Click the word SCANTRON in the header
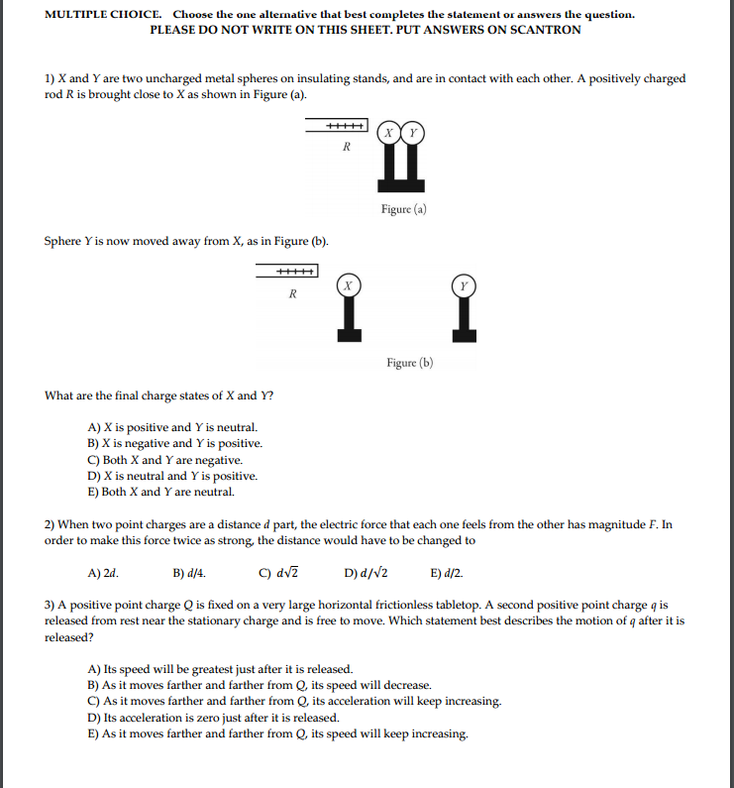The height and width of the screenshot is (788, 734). click(x=548, y=30)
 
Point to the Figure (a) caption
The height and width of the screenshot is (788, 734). click(x=403, y=209)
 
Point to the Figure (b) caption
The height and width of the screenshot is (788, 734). click(x=409, y=363)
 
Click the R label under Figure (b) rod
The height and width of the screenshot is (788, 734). click(x=292, y=293)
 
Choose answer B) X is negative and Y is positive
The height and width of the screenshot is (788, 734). click(x=175, y=444)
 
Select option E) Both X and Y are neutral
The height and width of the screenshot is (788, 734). click(x=161, y=492)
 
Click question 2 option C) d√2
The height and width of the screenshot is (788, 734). click(x=278, y=573)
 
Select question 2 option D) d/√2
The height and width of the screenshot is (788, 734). click(x=366, y=573)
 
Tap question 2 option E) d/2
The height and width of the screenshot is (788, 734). click(x=447, y=573)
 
